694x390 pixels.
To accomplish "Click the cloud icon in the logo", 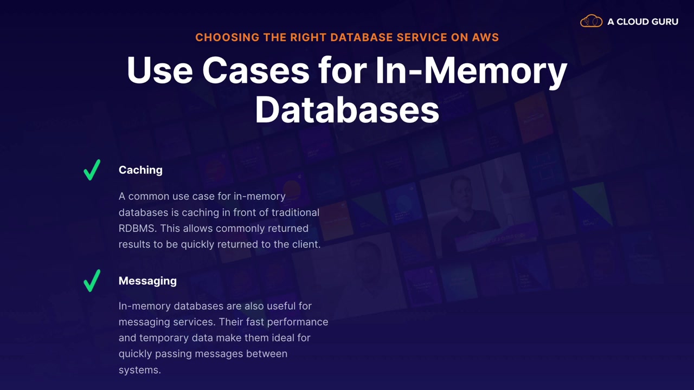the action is [x=591, y=22].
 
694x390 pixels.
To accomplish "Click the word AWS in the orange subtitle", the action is [x=486, y=37].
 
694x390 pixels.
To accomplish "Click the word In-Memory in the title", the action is [x=471, y=70].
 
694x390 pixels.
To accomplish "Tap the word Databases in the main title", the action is [x=347, y=109].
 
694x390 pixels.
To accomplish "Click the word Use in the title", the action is [x=159, y=70].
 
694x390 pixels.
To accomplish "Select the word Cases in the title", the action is [x=255, y=70].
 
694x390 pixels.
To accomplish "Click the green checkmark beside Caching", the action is [x=92, y=170].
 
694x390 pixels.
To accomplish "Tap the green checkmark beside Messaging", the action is [x=92, y=281].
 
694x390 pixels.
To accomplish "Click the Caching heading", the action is [x=140, y=170].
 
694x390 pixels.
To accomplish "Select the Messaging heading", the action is [x=147, y=281].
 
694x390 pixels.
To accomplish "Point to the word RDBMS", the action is [x=137, y=228].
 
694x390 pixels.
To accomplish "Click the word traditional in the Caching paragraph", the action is [x=295, y=212].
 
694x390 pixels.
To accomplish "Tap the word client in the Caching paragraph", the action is [x=305, y=244].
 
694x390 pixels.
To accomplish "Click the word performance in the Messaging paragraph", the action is [x=301, y=322].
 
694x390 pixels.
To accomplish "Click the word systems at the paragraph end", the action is [x=140, y=370].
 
